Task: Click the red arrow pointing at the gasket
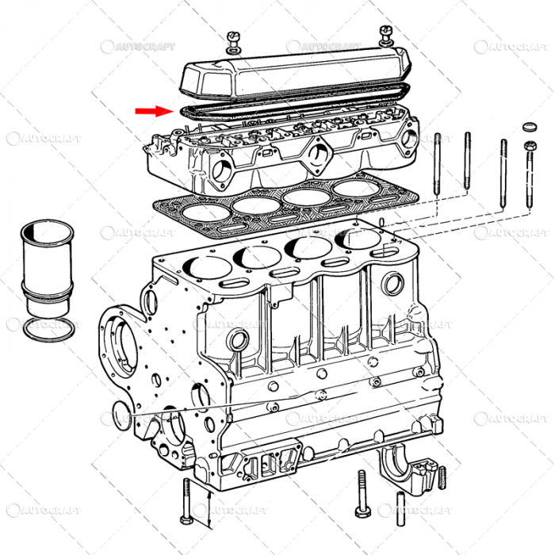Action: click(152, 111)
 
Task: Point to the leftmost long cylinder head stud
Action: click(437, 170)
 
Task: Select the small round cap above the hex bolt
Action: click(529, 127)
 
